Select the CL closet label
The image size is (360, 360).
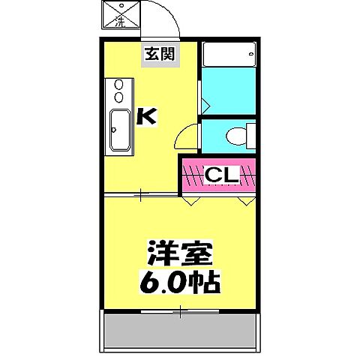pos(220,176)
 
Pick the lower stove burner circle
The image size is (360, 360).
pos(118,97)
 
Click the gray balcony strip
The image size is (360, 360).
pos(181,329)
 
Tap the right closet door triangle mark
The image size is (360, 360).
pos(245,201)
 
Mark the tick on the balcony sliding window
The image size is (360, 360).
pos(180,308)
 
